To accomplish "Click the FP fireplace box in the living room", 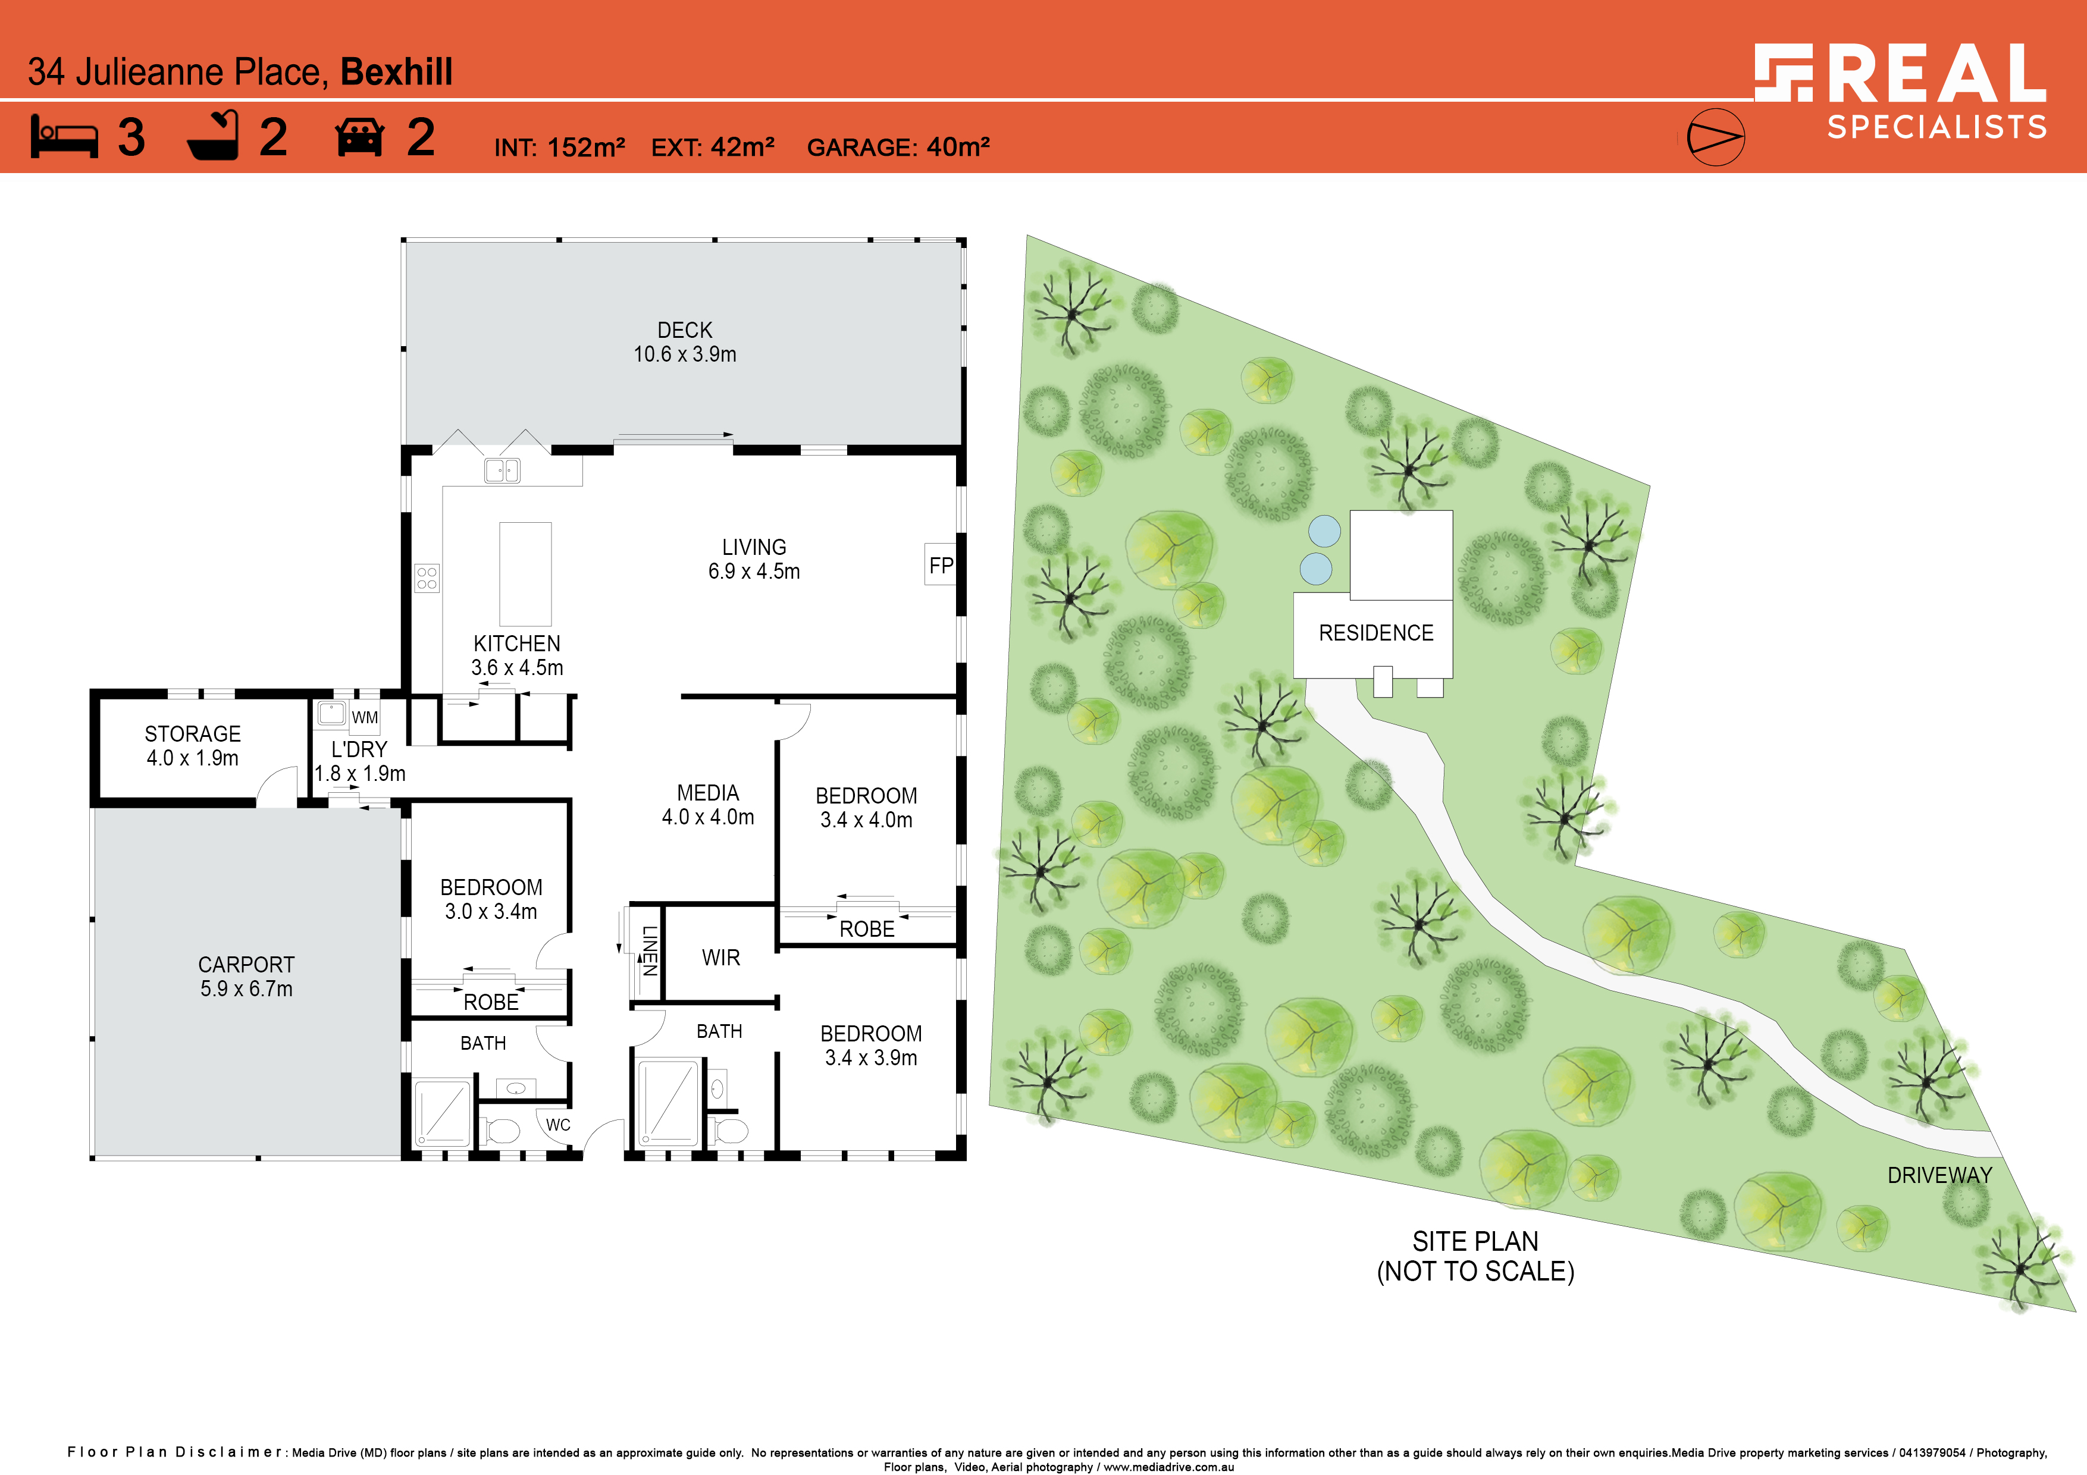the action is pyautogui.click(x=941, y=565).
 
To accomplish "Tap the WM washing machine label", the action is pyautogui.click(x=365, y=717).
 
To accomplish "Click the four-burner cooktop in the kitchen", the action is pyautogui.click(x=427, y=578).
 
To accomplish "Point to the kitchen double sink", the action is pyautogui.click(x=502, y=470).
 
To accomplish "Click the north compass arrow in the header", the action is pyautogui.click(x=1715, y=137).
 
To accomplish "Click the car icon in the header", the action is pyautogui.click(x=360, y=137).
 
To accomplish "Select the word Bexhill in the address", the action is pyautogui.click(x=396, y=72).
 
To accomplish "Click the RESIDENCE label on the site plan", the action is pyautogui.click(x=1376, y=633).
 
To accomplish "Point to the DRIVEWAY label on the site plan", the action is pyautogui.click(x=1939, y=1175).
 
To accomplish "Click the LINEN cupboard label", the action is pyautogui.click(x=650, y=950).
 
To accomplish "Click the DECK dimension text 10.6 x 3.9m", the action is pyautogui.click(x=684, y=354).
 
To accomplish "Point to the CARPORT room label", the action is pyautogui.click(x=246, y=964).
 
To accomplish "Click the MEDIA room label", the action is pyautogui.click(x=708, y=792).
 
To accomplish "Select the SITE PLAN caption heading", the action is pyautogui.click(x=1475, y=1241).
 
